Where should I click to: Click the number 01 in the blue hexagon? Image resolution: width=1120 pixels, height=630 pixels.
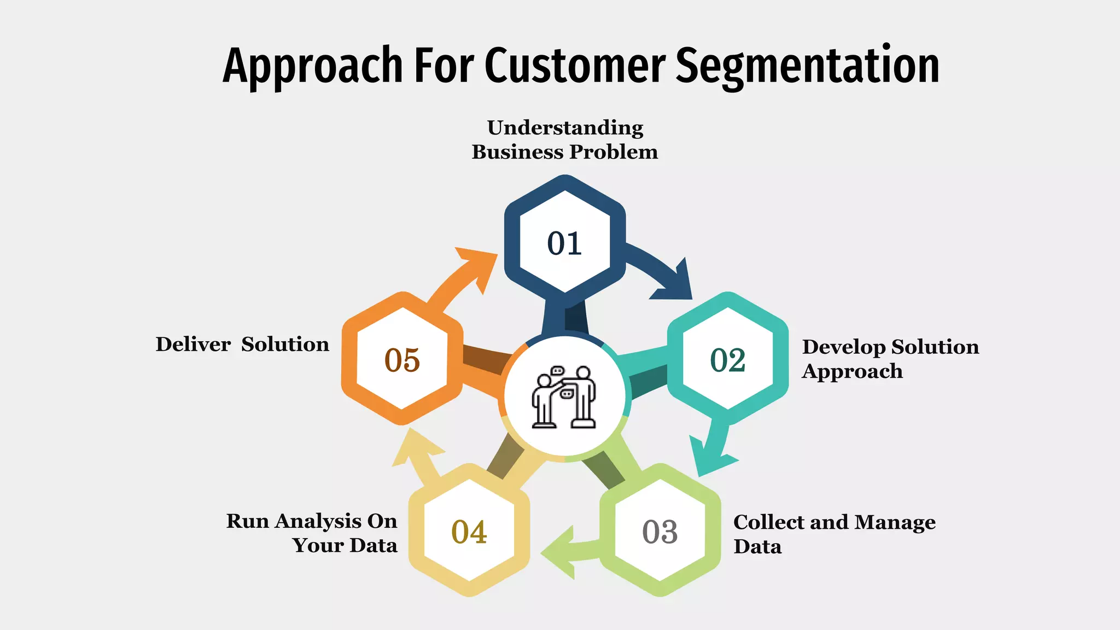(564, 243)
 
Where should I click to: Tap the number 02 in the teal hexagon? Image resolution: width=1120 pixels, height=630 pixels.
(727, 360)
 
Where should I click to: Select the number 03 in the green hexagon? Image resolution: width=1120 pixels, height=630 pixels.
(660, 532)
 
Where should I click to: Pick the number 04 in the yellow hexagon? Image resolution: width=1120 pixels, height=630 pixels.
(469, 532)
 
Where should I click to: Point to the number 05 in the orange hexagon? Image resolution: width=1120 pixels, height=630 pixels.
(402, 360)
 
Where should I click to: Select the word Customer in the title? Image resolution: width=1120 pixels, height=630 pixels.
(574, 66)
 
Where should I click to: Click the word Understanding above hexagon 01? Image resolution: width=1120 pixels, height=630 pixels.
(565, 128)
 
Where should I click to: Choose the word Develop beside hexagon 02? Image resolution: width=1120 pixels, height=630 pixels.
(844, 347)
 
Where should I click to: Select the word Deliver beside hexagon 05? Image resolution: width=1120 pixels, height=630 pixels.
(192, 345)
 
